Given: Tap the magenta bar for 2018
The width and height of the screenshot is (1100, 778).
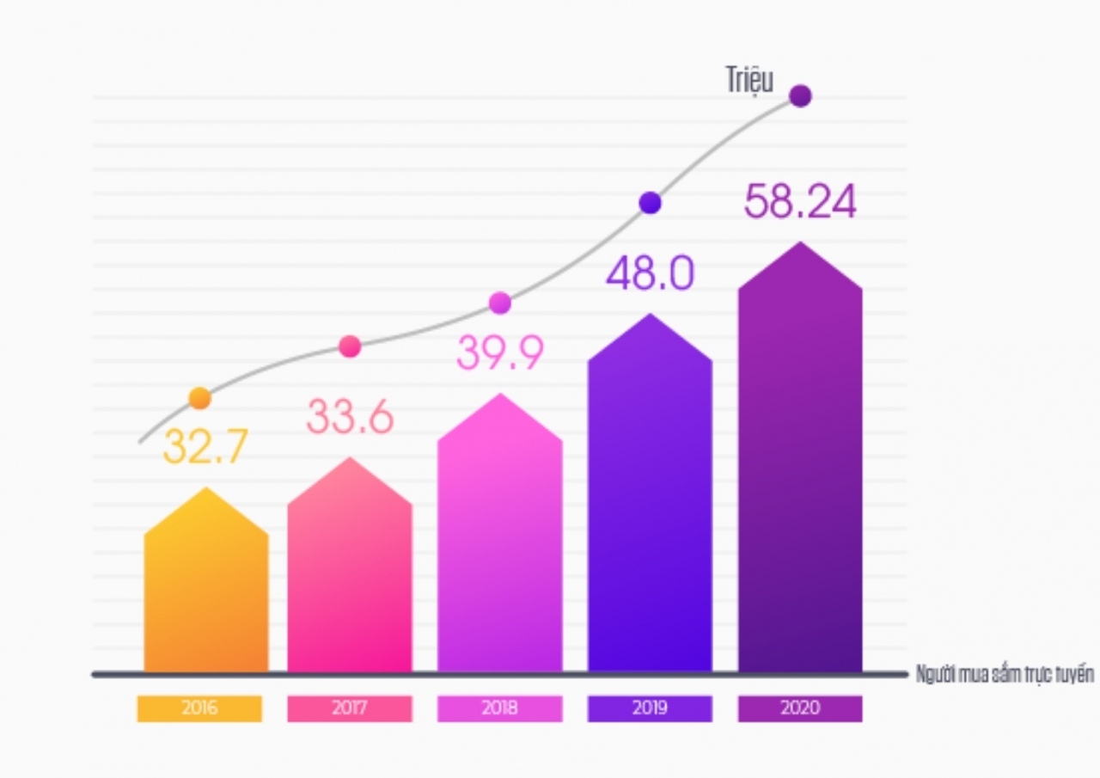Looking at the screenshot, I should point(500,542).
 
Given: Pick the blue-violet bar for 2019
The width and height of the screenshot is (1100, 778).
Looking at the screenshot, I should point(650,503).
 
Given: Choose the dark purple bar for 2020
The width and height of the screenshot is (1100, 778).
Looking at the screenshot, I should point(800,469).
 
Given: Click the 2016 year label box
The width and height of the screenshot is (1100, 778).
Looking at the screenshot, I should point(199,708).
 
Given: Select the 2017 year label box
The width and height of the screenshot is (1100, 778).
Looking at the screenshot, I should point(350,708).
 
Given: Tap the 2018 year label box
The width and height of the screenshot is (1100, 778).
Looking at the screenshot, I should point(500,708).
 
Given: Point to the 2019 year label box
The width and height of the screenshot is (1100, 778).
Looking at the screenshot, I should point(650,708).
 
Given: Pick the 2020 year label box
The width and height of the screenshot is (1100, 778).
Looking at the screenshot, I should point(800,708).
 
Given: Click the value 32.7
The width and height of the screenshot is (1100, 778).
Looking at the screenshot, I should point(205,446).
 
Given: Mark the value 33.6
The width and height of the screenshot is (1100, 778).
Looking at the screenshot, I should point(350,417).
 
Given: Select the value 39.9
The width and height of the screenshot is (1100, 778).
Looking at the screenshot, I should point(500,352).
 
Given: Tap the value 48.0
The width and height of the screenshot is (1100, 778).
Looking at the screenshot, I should point(650,274).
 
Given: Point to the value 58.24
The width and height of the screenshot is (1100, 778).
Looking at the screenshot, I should point(800,203).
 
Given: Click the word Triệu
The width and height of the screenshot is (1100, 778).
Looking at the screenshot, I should point(749,81).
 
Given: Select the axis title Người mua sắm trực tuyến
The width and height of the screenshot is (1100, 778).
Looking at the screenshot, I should point(1005,674).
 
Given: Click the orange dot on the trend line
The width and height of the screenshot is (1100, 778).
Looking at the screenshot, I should point(199,398).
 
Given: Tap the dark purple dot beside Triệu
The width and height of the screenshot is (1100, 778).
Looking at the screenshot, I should point(800,96).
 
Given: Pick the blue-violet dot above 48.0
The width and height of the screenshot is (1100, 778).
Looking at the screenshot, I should point(650,203).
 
